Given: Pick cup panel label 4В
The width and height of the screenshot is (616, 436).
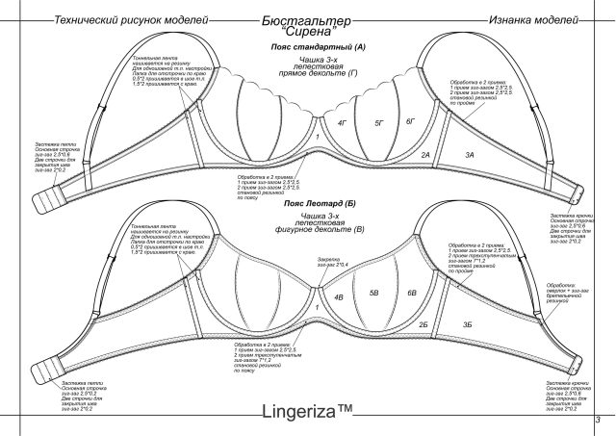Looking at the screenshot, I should pyautogui.click(x=339, y=297).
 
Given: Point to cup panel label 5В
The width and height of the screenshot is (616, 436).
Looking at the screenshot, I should pyautogui.click(x=375, y=291).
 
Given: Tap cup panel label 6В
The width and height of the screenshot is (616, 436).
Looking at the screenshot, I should pyautogui.click(x=411, y=292).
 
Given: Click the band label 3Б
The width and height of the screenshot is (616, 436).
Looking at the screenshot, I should pyautogui.click(x=468, y=326).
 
